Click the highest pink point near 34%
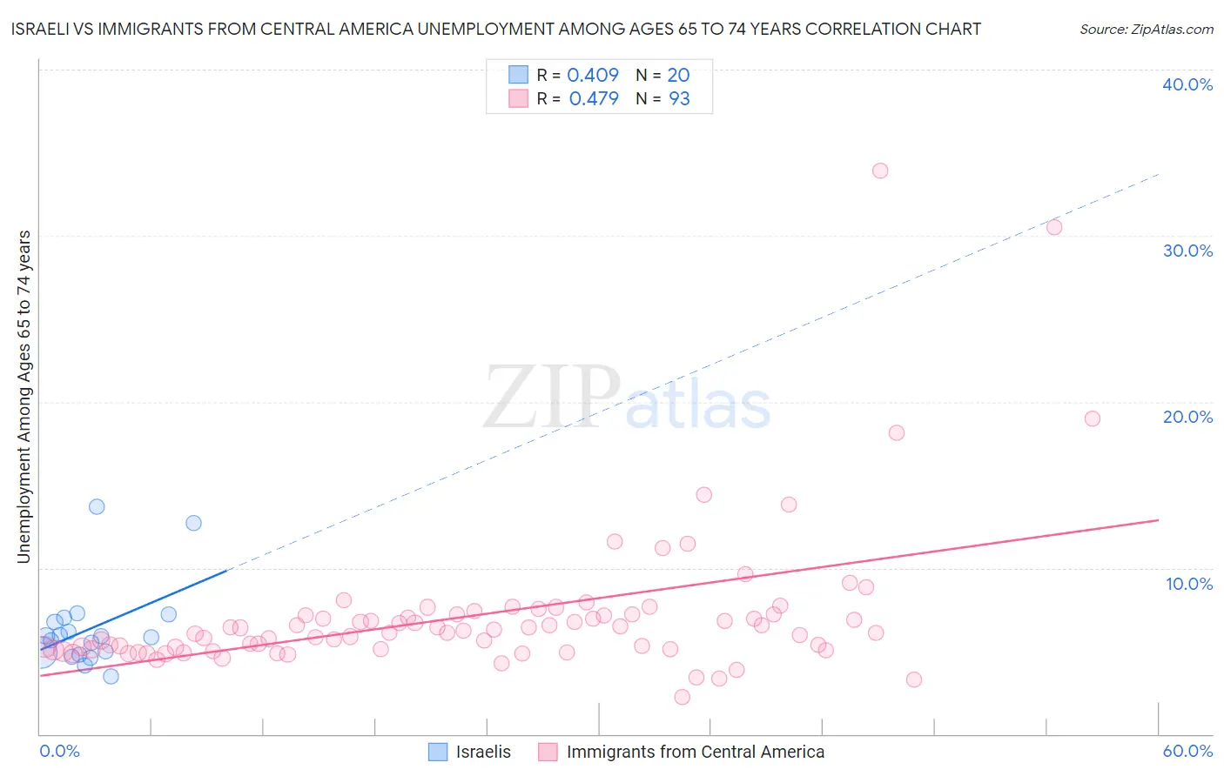[880, 171]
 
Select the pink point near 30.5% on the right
[1054, 227]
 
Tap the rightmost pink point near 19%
[1093, 418]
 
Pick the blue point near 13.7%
[97, 506]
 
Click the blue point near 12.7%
[193, 523]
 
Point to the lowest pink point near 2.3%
[683, 697]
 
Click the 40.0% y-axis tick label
[1187, 84]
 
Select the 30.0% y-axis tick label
[1187, 251]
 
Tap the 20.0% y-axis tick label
[1187, 417]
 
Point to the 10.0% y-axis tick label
[1189, 584]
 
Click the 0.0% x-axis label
[59, 751]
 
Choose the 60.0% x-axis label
[1187, 751]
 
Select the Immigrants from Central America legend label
[695, 752]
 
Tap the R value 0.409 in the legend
[593, 76]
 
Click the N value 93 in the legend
[679, 99]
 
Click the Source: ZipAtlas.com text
[1146, 30]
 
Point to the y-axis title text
[24, 396]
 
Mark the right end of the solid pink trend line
[1159, 520]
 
